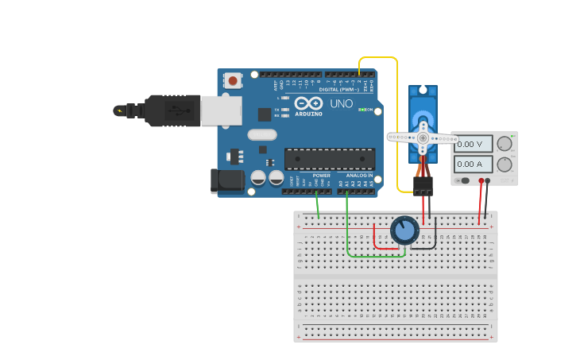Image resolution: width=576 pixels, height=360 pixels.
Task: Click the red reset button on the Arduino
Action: (233, 80)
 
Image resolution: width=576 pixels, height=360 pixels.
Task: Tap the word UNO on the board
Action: (341, 103)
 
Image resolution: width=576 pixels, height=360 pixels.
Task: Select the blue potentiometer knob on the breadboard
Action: (404, 230)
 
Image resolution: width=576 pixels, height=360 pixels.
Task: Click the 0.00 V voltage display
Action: (473, 144)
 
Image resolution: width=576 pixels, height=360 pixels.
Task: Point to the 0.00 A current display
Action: (473, 165)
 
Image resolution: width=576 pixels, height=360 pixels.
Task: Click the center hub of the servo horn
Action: (423, 137)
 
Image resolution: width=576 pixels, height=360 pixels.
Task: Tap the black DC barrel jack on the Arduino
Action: (227, 180)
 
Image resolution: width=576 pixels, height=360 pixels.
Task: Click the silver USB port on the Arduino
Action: (221, 110)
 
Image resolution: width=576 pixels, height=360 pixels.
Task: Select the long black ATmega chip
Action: (329, 159)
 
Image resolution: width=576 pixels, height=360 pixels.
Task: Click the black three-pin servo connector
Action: (423, 185)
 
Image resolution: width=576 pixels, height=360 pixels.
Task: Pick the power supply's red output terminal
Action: (481, 181)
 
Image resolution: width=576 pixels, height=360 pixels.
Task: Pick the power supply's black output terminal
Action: (488, 181)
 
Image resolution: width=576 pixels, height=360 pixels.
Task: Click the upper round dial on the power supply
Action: (504, 144)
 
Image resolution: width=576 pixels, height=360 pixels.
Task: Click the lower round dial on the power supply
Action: (504, 165)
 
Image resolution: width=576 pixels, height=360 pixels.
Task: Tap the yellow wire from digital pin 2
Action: (396, 119)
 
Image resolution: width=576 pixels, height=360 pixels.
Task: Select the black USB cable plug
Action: (171, 110)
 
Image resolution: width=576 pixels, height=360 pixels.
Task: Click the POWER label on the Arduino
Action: (321, 175)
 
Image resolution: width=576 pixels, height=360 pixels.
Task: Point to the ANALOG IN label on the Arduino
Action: (359, 175)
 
